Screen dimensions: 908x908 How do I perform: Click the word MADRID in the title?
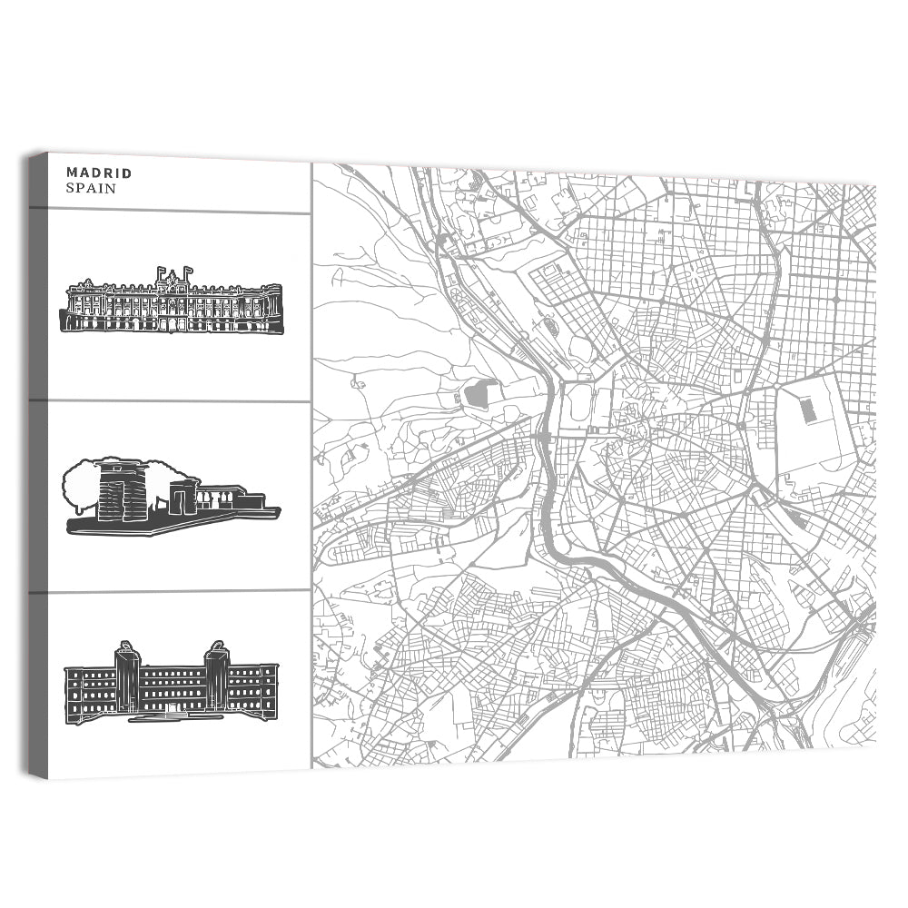[99, 173]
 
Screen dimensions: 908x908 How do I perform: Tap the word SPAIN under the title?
[91, 188]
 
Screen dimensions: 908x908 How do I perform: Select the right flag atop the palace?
[187, 271]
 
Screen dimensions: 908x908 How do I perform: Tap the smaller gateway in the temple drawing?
[181, 498]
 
